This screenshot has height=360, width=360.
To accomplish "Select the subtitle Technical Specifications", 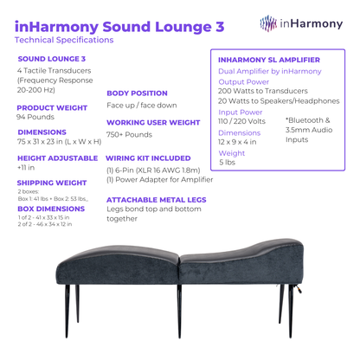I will click(64, 41).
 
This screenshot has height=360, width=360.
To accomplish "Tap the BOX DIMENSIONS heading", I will click(52, 209).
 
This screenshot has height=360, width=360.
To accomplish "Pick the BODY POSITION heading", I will click(137, 93).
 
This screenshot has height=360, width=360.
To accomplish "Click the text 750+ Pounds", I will click(129, 135).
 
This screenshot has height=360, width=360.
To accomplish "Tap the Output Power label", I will click(245, 81).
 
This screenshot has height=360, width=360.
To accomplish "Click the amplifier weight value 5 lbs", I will click(228, 162).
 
